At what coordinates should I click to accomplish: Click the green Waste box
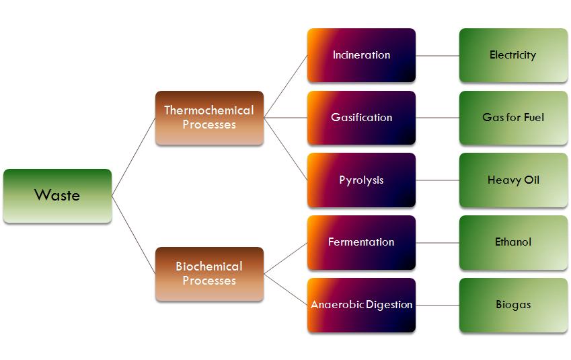(57, 196)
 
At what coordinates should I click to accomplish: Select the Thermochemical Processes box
(209, 118)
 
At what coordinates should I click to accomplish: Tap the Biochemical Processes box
(209, 274)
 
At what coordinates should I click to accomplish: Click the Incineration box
(361, 55)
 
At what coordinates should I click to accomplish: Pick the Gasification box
(361, 118)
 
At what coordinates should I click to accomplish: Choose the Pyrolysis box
(361, 180)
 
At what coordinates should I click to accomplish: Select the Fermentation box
(361, 242)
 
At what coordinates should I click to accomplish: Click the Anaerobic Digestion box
(361, 305)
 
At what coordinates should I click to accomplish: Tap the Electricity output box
(513, 55)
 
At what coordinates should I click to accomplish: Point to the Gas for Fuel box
(513, 118)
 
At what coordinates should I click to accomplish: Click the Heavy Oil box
(513, 180)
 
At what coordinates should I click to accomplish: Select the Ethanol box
(513, 242)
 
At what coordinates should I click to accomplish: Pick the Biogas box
(513, 305)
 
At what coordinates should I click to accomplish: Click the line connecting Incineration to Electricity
(437, 55)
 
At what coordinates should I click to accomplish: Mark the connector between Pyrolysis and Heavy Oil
(437, 180)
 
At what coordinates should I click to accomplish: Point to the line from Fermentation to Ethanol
(437, 242)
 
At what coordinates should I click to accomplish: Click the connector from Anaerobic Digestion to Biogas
(437, 305)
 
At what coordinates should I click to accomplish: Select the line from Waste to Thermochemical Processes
(134, 157)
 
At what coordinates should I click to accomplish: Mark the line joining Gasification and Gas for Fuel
(437, 118)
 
